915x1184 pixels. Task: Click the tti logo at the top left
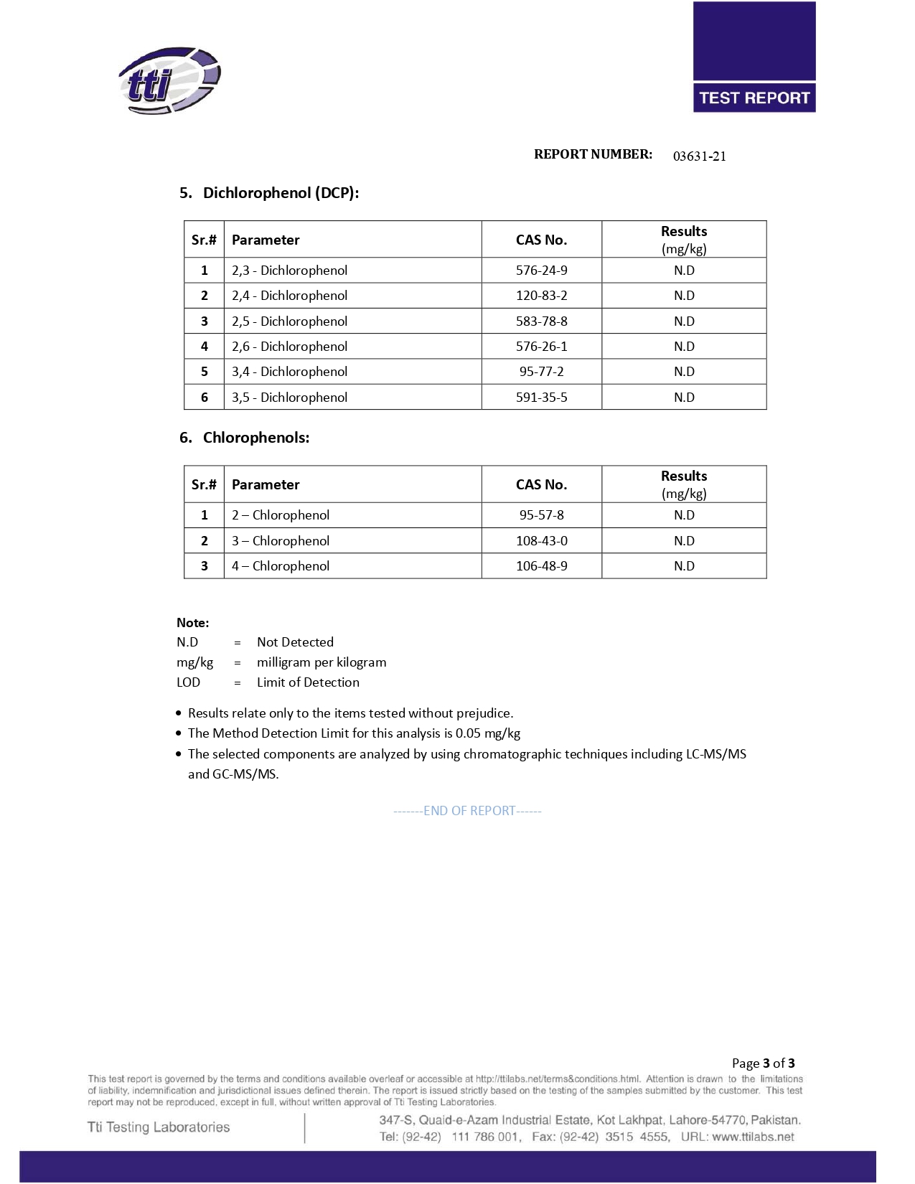(x=169, y=80)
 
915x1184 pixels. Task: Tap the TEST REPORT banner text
(x=754, y=98)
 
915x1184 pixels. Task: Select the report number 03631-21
(x=699, y=156)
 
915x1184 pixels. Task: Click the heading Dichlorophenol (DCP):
(x=281, y=193)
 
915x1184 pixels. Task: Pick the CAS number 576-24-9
(x=541, y=271)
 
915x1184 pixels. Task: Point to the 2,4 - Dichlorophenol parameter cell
(x=289, y=296)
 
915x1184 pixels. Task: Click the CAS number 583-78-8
(x=541, y=321)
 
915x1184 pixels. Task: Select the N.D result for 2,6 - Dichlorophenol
(x=684, y=347)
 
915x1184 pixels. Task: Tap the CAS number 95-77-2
(x=541, y=372)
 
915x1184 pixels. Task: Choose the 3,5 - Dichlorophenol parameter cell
(x=289, y=398)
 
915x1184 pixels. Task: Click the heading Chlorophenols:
(x=256, y=438)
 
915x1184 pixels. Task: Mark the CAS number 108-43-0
(x=541, y=541)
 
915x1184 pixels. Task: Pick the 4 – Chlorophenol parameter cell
(x=281, y=566)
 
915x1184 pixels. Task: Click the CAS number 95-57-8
(x=541, y=515)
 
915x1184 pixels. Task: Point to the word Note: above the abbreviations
(x=193, y=623)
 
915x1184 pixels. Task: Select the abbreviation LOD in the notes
(x=188, y=682)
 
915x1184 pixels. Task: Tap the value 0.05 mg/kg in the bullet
(x=488, y=733)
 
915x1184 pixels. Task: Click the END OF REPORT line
(x=468, y=811)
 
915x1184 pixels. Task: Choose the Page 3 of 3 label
(x=763, y=1063)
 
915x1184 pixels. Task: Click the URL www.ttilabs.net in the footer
(x=753, y=1137)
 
